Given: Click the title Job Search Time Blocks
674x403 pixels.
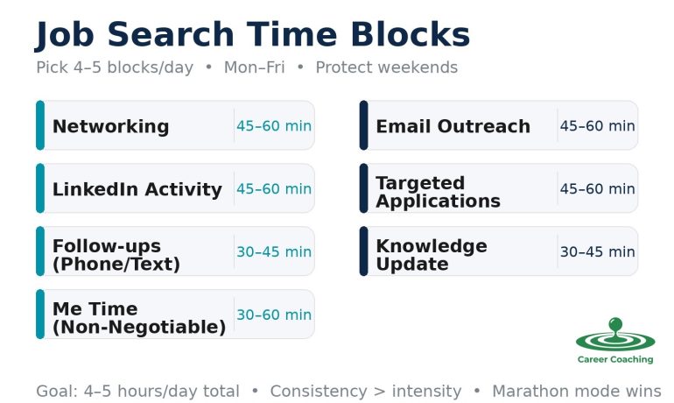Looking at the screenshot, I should pos(252,35).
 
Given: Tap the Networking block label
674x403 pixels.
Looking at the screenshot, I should pos(110,126).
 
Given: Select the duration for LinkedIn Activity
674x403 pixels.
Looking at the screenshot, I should pos(273,189).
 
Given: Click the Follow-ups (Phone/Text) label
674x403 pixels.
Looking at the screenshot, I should pos(116,255).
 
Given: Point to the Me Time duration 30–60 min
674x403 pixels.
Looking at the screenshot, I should pos(273,315).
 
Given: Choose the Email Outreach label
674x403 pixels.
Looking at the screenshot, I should pos(453,126).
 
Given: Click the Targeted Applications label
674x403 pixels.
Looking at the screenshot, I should pos(438,192).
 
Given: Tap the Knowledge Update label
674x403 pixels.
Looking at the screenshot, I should pos(431,255).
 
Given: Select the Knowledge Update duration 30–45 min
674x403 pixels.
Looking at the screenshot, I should pos(597,252).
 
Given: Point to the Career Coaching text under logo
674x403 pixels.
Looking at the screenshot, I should pos(615,359).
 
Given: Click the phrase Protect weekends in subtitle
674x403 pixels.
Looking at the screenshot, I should pos(386,68).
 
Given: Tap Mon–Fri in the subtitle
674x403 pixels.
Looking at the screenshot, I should pos(254,68).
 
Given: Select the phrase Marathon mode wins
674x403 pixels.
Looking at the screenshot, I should pos(576,392).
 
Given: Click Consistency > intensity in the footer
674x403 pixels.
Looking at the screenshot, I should pos(365,392).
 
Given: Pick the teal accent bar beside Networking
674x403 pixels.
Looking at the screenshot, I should pos(39,125).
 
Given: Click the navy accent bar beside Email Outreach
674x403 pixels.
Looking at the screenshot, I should pos(363,125).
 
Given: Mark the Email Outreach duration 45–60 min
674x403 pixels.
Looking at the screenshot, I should pos(597,126).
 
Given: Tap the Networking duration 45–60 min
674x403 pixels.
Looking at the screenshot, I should pos(273,126).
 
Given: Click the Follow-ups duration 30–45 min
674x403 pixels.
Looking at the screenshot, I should pos(273,252).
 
